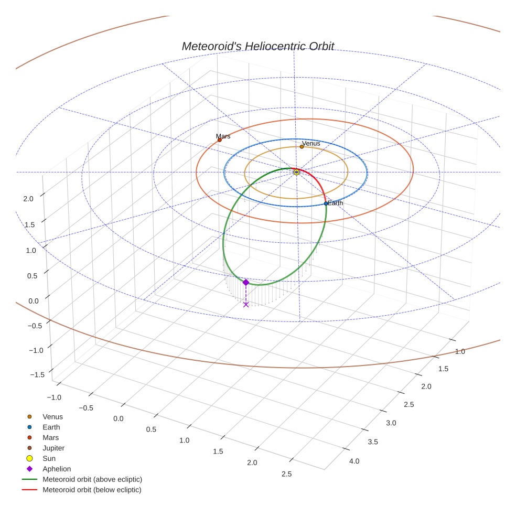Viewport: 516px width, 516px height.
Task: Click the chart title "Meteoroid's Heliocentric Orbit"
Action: click(x=257, y=46)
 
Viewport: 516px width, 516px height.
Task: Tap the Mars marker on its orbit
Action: click(x=219, y=140)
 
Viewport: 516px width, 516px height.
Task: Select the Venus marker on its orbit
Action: click(x=302, y=147)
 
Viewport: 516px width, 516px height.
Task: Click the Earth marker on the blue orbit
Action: click(x=326, y=203)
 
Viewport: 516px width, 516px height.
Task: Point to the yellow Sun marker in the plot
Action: click(x=296, y=172)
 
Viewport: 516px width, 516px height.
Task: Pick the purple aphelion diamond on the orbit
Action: click(x=245, y=282)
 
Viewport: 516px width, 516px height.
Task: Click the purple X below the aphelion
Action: click(x=246, y=304)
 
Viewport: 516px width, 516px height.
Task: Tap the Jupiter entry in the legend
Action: click(x=53, y=448)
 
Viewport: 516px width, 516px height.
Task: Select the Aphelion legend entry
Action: click(x=56, y=469)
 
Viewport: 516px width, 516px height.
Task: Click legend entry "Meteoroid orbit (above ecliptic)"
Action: click(x=92, y=479)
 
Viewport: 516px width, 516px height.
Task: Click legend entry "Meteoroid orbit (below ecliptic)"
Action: click(x=92, y=490)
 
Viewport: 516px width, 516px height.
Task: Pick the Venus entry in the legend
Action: click(x=52, y=417)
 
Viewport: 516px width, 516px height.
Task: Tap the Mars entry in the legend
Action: click(x=50, y=437)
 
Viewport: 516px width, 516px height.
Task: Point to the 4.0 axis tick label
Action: click(x=354, y=461)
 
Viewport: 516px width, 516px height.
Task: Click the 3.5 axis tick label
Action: click(x=372, y=442)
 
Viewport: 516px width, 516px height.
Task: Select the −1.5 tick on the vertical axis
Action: click(x=37, y=374)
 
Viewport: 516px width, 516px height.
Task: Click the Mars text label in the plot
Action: click(x=223, y=136)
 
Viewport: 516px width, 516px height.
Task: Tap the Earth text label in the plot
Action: click(x=335, y=203)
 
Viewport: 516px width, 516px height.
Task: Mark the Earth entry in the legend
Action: click(x=51, y=427)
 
